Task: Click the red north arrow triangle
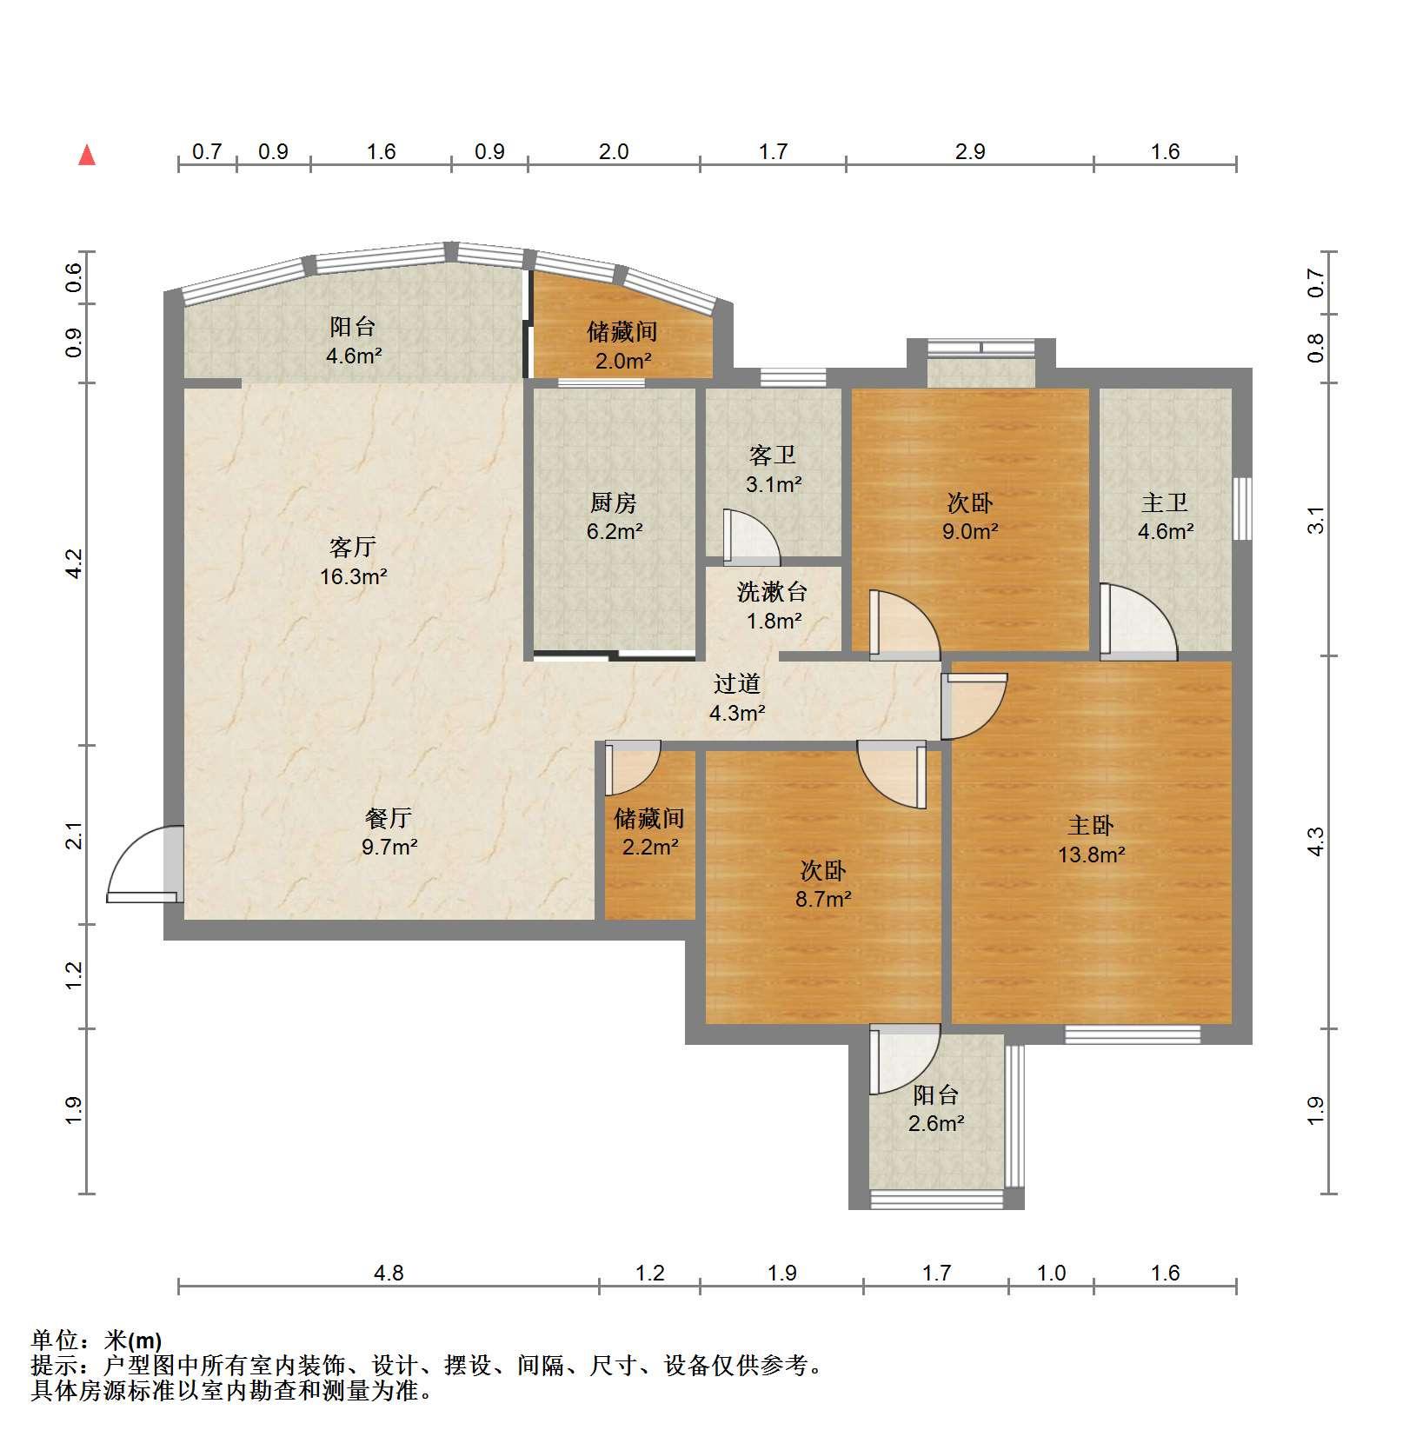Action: pos(87,155)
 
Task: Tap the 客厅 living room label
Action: pos(353,547)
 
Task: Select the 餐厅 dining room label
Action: pos(389,817)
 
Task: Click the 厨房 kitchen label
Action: pos(614,502)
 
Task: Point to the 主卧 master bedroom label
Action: pos(1091,825)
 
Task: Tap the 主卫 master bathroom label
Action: pos(1165,502)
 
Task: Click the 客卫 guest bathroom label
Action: pos(773,455)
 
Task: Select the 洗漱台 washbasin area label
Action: pos(773,592)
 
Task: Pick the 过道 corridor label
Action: pos(737,683)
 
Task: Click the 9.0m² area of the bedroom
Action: pos(970,531)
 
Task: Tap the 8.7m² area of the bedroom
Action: pos(823,899)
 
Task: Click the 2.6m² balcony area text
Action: pos(936,1123)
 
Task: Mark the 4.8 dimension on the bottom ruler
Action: pos(389,1273)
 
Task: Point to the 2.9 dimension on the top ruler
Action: pos(970,151)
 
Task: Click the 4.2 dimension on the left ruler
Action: pos(74,564)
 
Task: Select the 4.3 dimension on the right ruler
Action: pos(1316,841)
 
